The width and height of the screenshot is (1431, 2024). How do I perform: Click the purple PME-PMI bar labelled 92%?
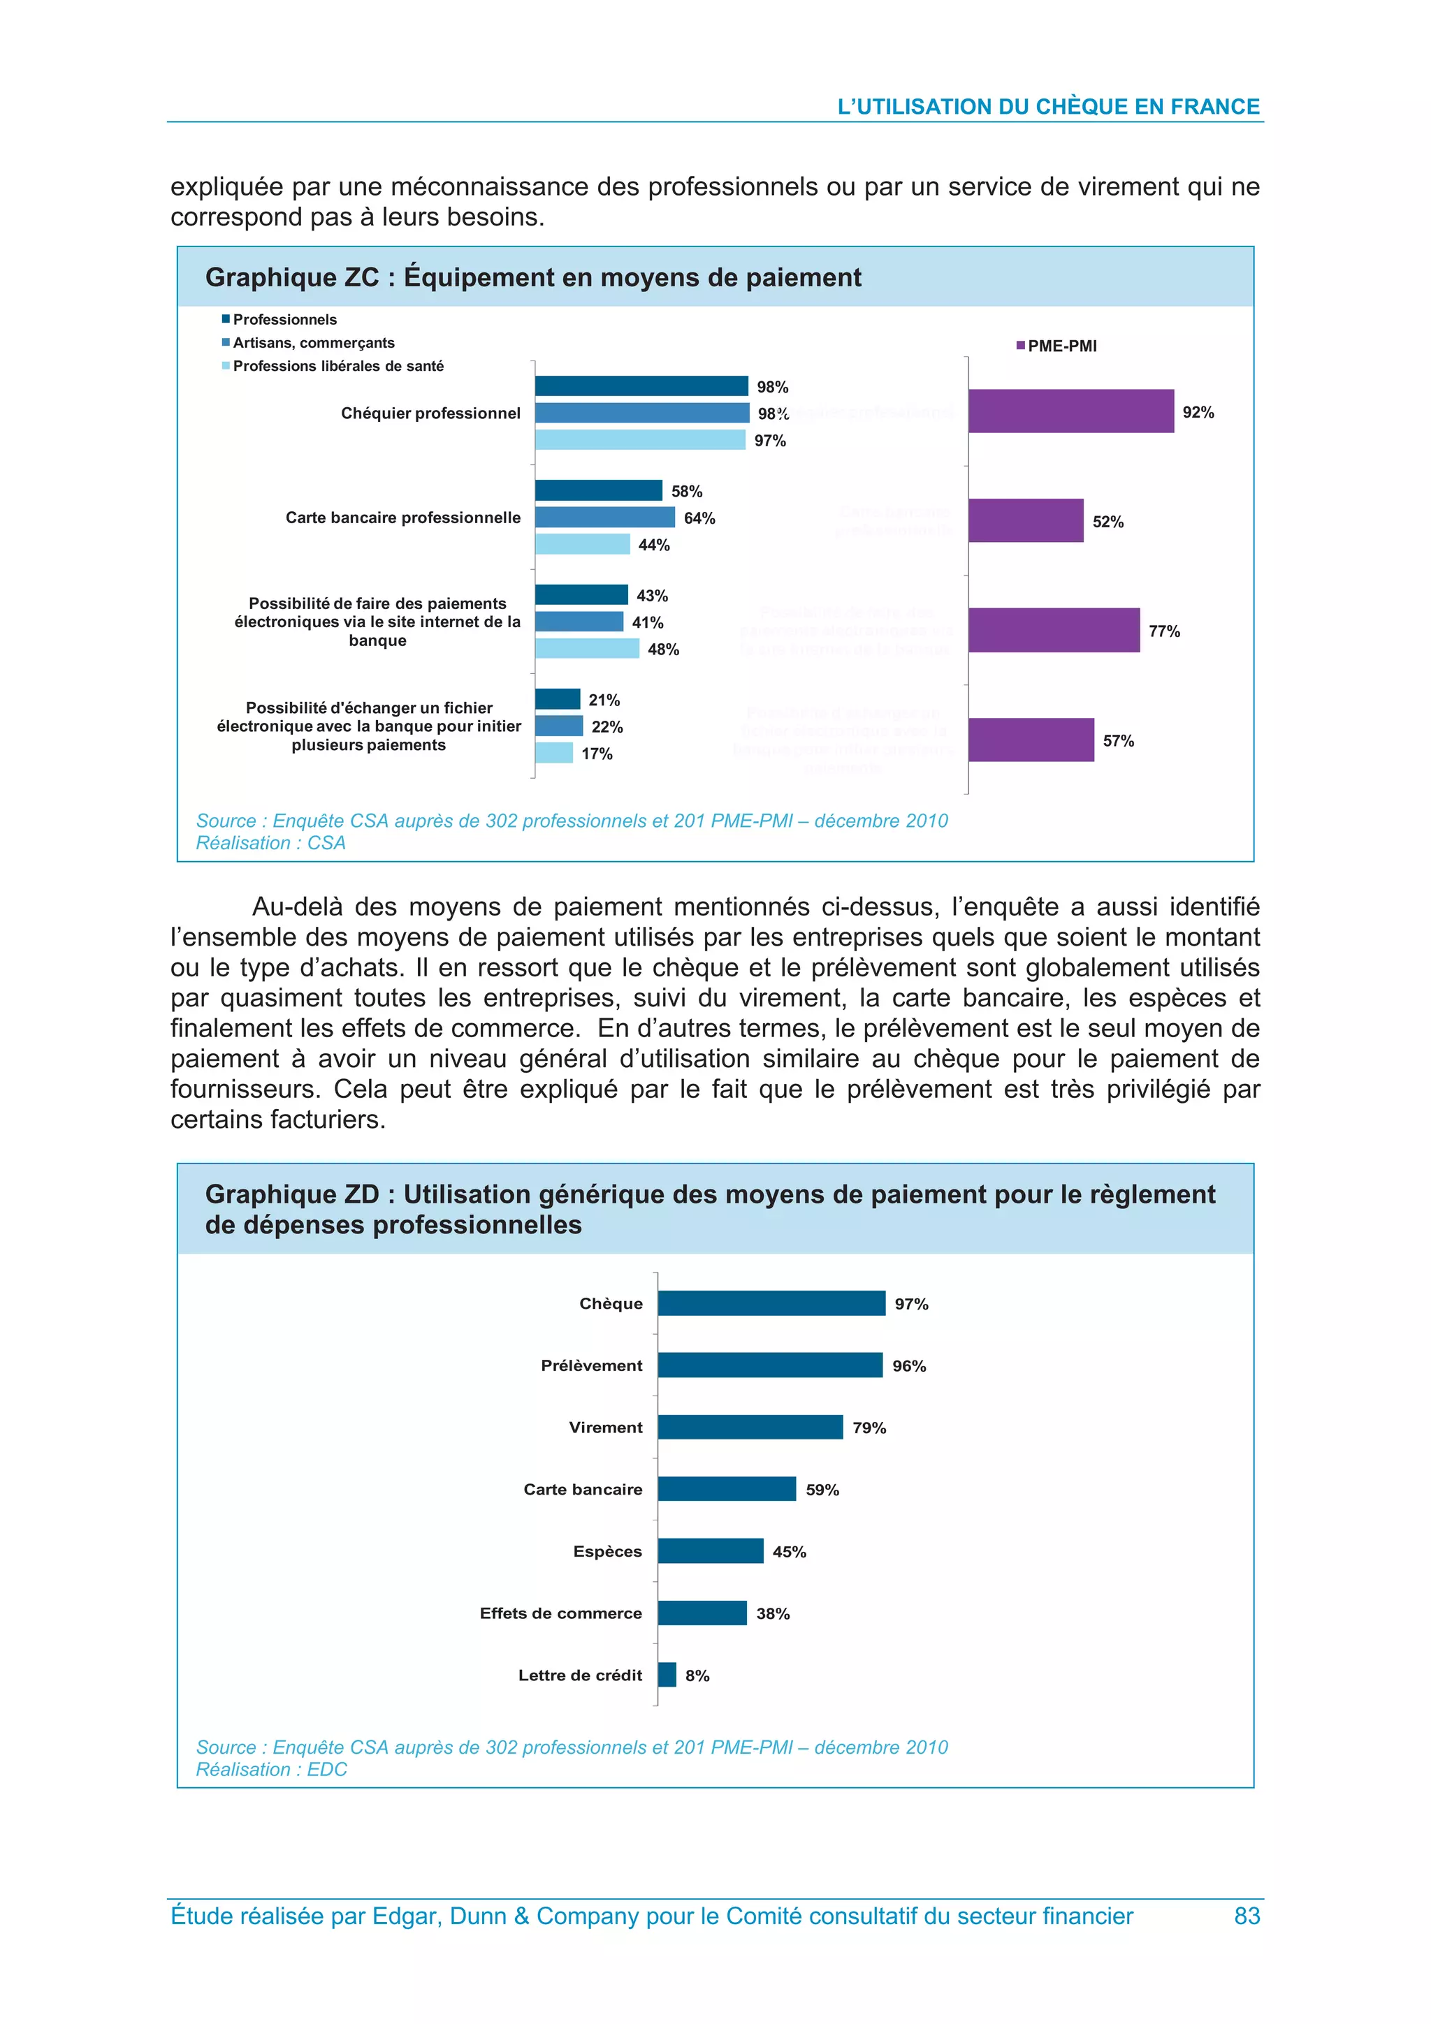pyautogui.click(x=1070, y=411)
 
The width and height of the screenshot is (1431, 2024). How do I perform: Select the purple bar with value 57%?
pyautogui.click(x=1031, y=740)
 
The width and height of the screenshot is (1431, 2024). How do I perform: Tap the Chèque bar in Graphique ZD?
pyautogui.click(x=771, y=1303)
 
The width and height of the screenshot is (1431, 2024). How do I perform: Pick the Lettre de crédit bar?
pyautogui.click(x=667, y=1674)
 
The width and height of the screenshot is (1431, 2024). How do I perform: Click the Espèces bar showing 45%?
pyautogui.click(x=710, y=1550)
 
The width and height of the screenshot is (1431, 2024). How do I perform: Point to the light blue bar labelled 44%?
pyautogui.click(x=582, y=544)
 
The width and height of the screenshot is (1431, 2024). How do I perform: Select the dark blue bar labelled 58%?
pyautogui.click(x=598, y=490)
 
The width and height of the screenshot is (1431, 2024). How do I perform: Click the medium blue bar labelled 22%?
pyautogui.click(x=558, y=726)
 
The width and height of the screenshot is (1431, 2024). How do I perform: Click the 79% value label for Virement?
pyautogui.click(x=869, y=1427)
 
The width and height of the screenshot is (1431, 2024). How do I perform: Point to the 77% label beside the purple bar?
pyautogui.click(x=1164, y=631)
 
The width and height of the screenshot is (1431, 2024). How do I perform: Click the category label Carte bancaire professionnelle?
pyautogui.click(x=403, y=518)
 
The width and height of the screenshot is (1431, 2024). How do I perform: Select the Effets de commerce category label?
pyautogui.click(x=561, y=1613)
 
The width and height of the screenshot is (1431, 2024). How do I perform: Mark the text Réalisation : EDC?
pyautogui.click(x=272, y=1769)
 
